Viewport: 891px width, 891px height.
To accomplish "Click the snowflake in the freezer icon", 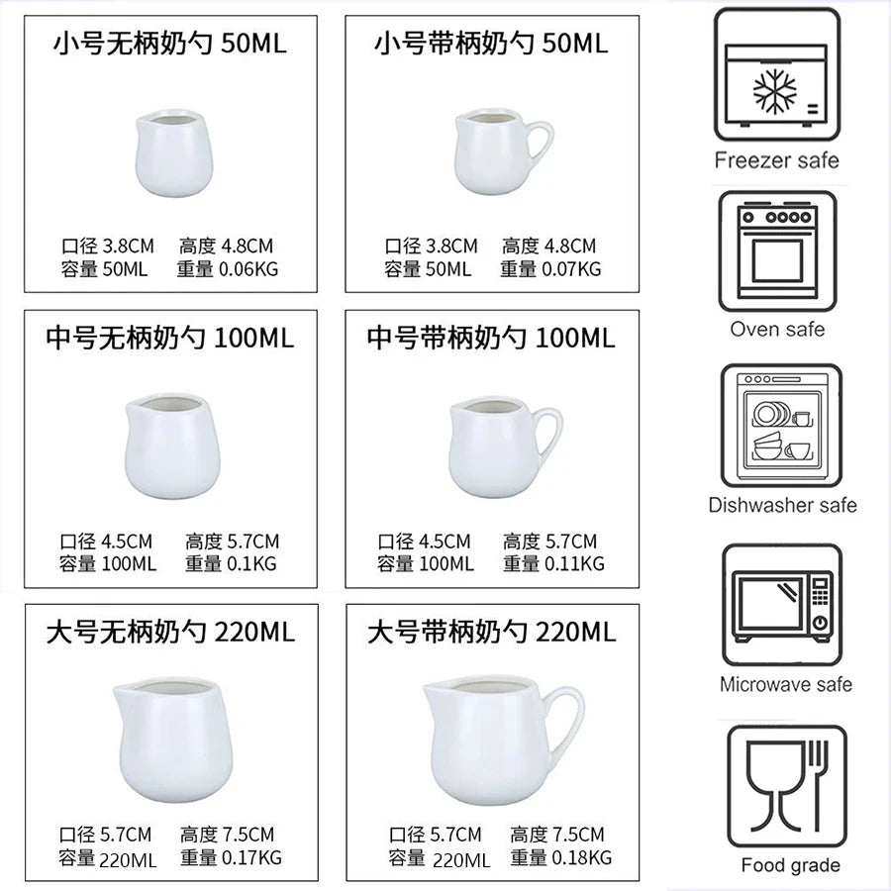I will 775,92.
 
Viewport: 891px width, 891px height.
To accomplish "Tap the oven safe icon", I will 777,248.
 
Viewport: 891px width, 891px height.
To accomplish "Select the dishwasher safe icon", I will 781,427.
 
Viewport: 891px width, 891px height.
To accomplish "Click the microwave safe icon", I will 782,605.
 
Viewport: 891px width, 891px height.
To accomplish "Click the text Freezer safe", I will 776,160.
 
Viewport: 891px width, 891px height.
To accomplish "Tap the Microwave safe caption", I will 785,684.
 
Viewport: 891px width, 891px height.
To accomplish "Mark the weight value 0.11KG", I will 571,563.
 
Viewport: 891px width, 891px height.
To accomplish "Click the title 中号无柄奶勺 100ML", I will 170,338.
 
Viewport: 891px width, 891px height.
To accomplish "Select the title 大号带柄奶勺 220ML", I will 492,632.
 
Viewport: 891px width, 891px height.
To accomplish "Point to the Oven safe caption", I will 777,330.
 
